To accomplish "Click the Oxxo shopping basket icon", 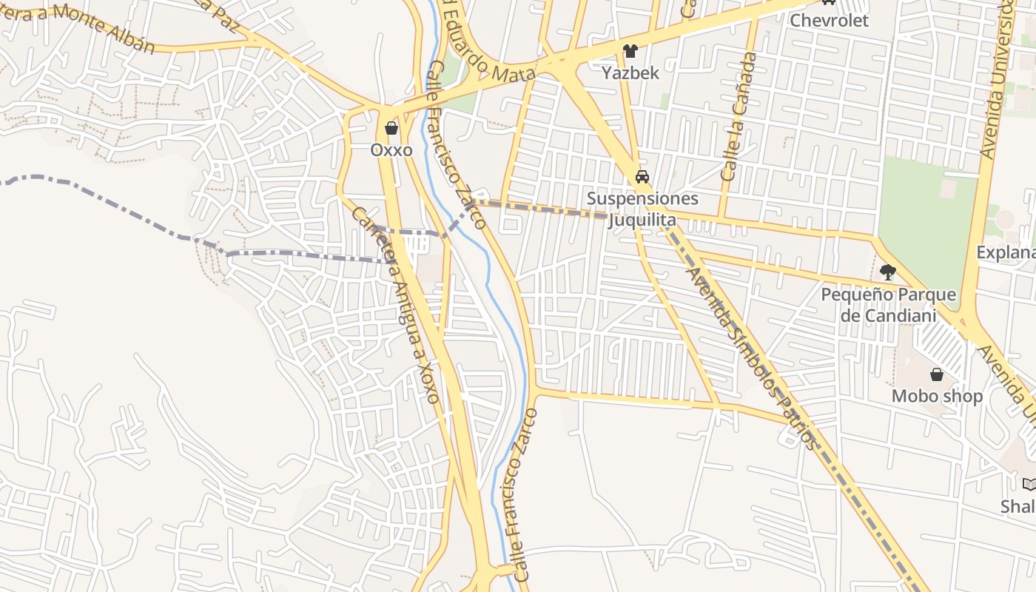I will pos(391,129).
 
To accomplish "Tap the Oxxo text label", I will pos(391,149).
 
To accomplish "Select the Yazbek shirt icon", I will pos(630,51).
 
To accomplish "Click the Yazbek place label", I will pos(630,73).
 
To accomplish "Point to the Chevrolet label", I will pos(829,20).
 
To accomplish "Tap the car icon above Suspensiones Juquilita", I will pos(642,177).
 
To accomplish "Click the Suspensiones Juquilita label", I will pos(642,209).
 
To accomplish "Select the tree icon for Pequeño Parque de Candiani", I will pos(888,272).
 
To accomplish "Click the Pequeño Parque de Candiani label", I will pos(888,306).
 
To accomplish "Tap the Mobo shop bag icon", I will pos(937,374).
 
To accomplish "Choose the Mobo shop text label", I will pos(937,396).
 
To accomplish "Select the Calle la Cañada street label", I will pos(739,116).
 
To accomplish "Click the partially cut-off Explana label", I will pos(1006,252).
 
